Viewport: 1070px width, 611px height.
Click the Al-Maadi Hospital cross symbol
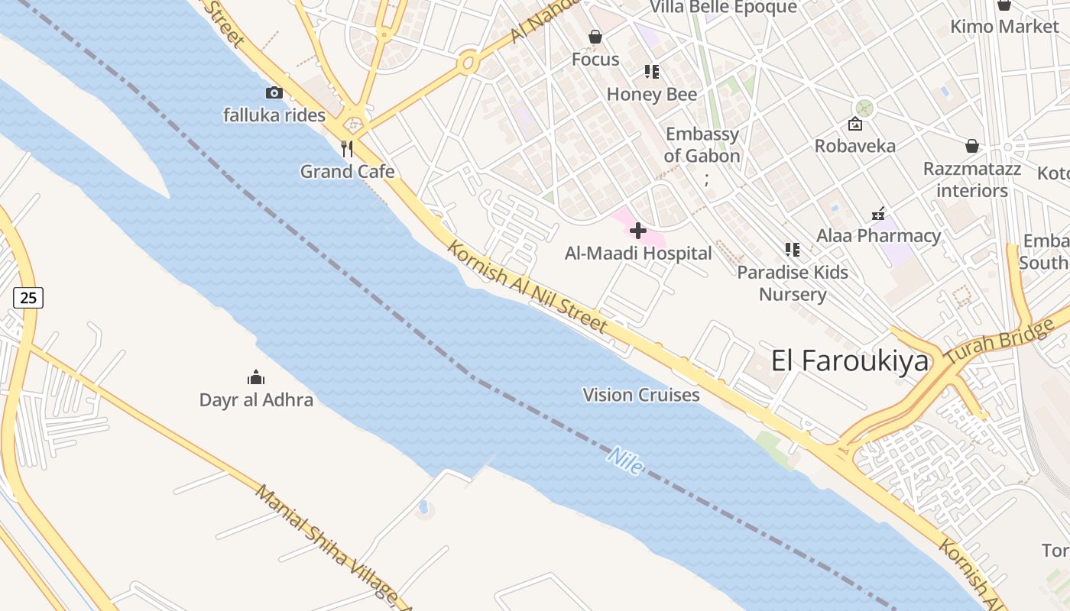(x=638, y=231)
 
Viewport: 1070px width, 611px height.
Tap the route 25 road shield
(x=28, y=298)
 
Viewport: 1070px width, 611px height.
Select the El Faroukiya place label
(x=850, y=360)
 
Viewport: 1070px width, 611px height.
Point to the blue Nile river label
(x=625, y=461)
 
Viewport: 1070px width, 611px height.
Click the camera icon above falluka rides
(x=274, y=93)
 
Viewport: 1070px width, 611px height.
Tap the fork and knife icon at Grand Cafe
(x=348, y=148)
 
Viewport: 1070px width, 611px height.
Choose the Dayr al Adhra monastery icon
(x=256, y=377)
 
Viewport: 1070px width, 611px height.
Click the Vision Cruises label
(x=641, y=395)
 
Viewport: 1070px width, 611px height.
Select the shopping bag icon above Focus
(x=595, y=37)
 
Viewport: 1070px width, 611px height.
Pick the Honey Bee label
(x=652, y=94)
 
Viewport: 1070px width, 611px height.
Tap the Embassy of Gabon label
(x=702, y=145)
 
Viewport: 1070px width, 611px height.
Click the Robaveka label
(x=855, y=146)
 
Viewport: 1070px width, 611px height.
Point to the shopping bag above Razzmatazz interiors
(x=972, y=145)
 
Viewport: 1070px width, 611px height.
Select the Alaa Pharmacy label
(x=879, y=236)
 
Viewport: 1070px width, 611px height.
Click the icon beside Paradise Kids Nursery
(x=793, y=250)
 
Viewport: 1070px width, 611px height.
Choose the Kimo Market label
(x=1004, y=27)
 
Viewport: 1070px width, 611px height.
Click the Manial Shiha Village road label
(x=332, y=547)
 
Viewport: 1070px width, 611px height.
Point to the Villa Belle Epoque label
(x=723, y=8)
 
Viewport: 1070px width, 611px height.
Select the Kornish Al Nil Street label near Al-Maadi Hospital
(x=527, y=287)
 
